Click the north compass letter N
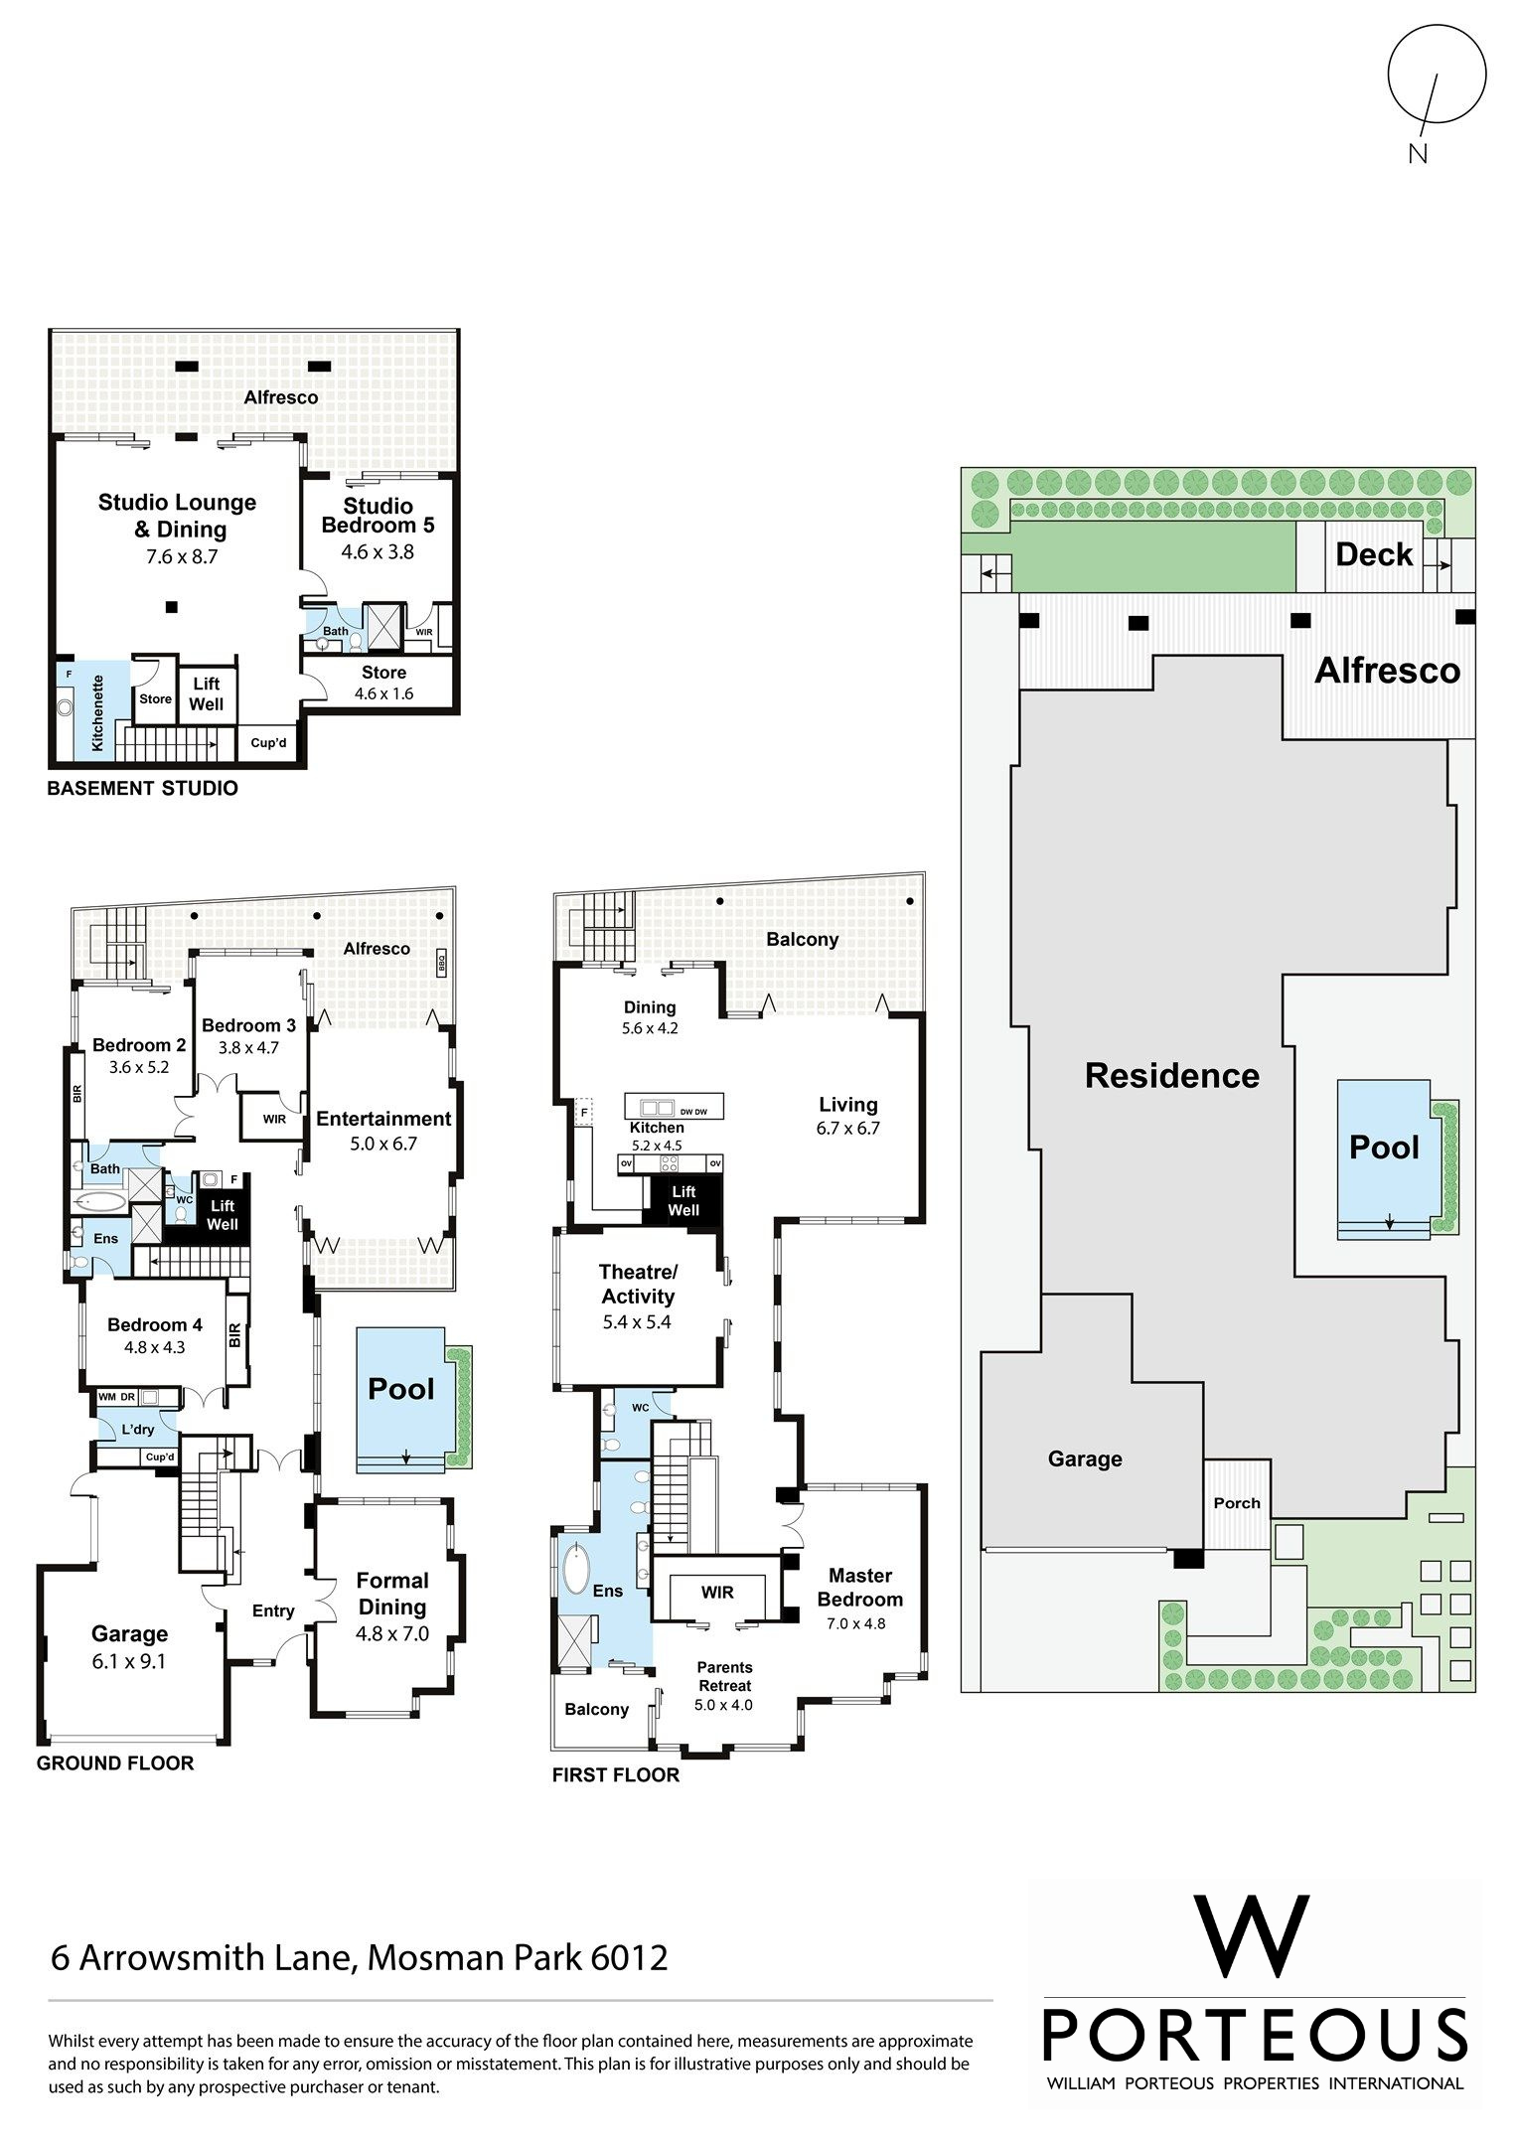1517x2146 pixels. click(x=1418, y=153)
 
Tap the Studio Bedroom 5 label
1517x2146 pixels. click(x=378, y=516)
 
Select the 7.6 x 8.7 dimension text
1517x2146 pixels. click(x=182, y=557)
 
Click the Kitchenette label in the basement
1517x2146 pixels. click(x=98, y=713)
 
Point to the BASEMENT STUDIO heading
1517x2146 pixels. click(x=143, y=788)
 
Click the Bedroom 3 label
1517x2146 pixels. click(x=248, y=1025)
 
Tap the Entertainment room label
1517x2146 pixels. click(x=383, y=1119)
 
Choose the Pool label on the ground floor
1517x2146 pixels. click(x=401, y=1389)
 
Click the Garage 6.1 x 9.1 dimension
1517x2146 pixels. click(x=129, y=1661)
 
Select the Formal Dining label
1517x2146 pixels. click(x=392, y=1594)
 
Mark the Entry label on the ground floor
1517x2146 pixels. click(x=273, y=1610)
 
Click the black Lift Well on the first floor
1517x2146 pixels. click(x=683, y=1201)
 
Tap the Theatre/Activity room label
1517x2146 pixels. click(x=638, y=1284)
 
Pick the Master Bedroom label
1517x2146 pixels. click(x=860, y=1587)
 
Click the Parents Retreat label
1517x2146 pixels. click(x=724, y=1676)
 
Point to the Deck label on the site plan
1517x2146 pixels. click(x=1374, y=554)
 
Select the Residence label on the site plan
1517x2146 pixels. click(x=1172, y=1075)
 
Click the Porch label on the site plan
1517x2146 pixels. click(x=1237, y=1503)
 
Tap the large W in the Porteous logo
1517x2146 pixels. click(x=1254, y=1937)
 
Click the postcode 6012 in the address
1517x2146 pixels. click(x=629, y=1957)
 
